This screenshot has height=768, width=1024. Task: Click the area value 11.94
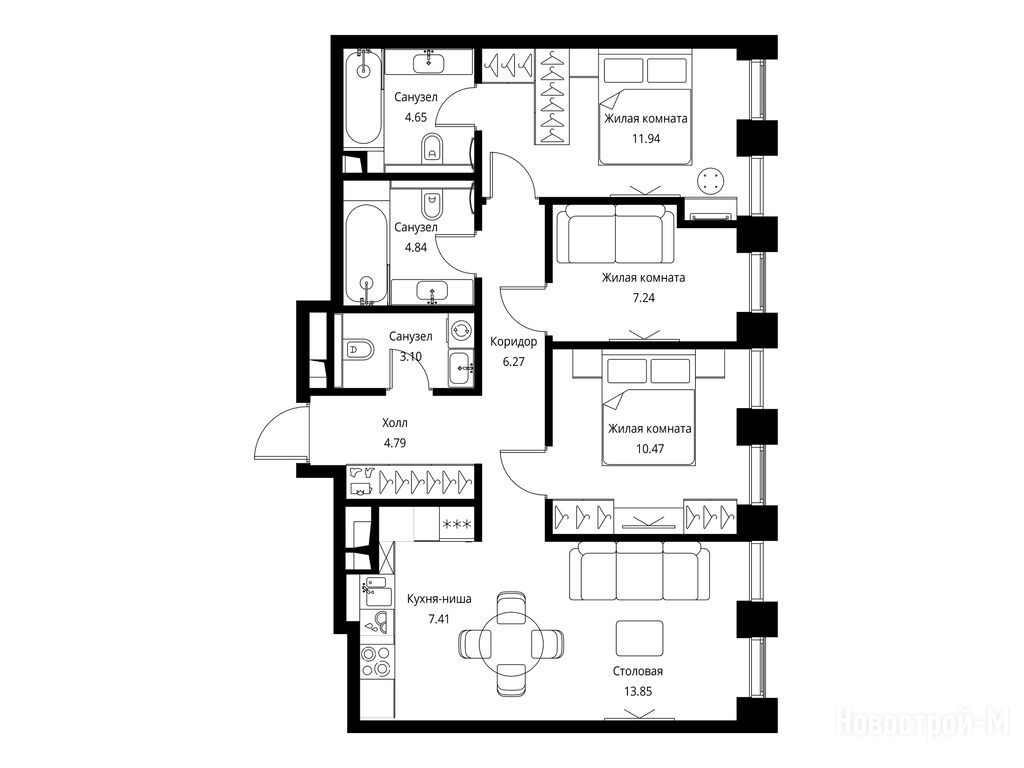[645, 138]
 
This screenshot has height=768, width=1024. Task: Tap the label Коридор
[513, 342]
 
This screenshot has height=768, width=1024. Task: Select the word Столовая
[637, 671]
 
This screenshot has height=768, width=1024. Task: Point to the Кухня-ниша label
[439, 599]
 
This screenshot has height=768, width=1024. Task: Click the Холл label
[394, 423]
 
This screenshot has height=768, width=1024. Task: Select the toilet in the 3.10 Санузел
[358, 350]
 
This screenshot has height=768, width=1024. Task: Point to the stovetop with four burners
[376, 661]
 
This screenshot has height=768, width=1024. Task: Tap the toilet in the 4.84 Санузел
[432, 204]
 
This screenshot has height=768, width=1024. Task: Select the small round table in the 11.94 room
[711, 180]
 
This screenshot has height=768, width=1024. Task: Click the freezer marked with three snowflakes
[457, 524]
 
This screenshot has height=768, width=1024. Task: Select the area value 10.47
[649, 449]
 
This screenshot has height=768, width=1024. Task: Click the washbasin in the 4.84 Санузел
[432, 290]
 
